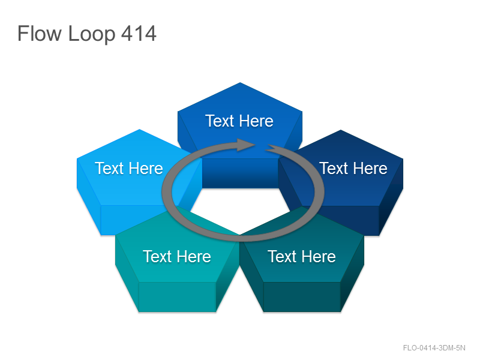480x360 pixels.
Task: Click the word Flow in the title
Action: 40,34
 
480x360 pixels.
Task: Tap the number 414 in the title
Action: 139,34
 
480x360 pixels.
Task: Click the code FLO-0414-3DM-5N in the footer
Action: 434,348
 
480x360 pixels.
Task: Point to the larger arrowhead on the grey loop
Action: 247,145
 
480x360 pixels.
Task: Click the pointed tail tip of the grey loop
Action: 266,149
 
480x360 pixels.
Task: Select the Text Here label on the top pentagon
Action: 239,121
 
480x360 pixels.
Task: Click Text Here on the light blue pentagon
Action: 129,169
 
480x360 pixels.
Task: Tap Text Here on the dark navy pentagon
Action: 353,169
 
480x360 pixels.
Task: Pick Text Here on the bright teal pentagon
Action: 176,257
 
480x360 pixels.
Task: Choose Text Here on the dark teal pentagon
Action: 302,257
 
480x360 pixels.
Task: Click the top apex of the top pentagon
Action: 240,83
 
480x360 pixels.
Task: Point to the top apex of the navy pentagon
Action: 341,130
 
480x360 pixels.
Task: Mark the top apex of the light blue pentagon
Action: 139,130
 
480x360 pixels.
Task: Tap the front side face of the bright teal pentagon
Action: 177,297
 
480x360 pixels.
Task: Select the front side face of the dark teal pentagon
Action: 302,297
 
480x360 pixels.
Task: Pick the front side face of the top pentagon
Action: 241,173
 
